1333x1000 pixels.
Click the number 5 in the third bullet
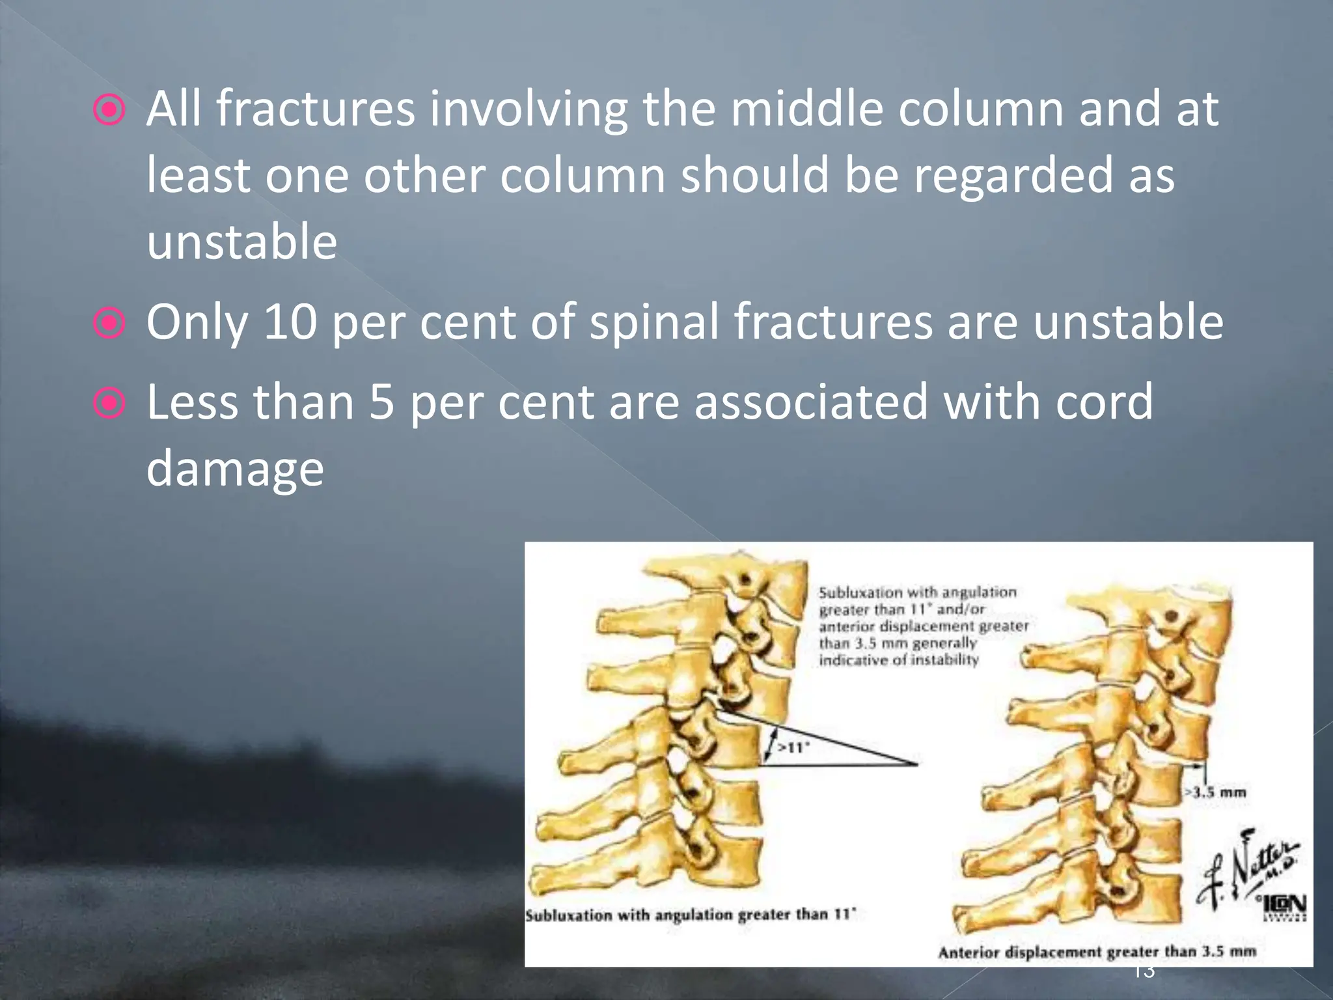382,402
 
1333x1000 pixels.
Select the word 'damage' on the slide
235,468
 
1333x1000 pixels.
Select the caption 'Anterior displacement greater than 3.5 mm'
1097,952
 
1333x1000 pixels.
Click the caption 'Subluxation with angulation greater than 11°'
691,915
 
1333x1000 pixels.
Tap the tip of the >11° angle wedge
916,764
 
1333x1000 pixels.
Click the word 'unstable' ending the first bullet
241,242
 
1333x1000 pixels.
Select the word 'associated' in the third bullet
811,402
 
